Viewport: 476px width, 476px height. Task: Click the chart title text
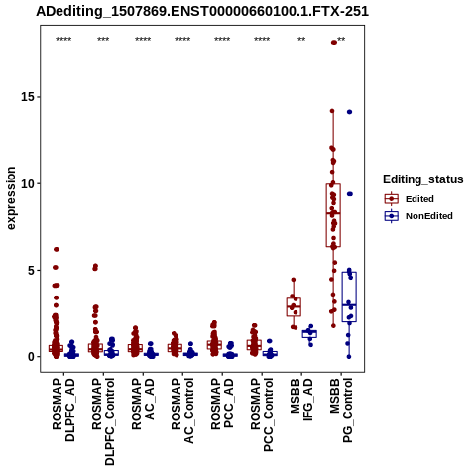pos(202,11)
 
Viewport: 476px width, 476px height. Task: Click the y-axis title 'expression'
pos(11,198)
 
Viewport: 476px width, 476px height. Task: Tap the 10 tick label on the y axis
pos(29,183)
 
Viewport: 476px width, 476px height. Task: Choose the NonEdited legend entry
pos(418,216)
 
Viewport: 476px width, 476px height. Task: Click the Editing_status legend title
pos(423,179)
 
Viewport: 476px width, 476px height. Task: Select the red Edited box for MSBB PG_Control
pos(333,215)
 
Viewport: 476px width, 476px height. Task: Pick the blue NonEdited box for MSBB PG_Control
pos(349,297)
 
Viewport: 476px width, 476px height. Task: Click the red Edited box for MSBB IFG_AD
pos(294,307)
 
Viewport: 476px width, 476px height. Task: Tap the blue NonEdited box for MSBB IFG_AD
pos(309,334)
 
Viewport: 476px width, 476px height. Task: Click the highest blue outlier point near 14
pos(349,112)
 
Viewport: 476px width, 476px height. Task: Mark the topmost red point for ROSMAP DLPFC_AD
pos(57,249)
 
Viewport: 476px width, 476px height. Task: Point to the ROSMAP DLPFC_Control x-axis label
pos(103,421)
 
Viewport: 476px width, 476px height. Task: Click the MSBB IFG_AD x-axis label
pos(301,400)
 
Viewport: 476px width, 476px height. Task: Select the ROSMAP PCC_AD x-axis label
pos(222,404)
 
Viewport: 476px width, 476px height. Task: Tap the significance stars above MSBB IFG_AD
pos(301,40)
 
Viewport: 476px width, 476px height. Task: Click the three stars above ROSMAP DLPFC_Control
pos(103,40)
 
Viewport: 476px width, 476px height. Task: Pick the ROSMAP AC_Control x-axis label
pos(182,411)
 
